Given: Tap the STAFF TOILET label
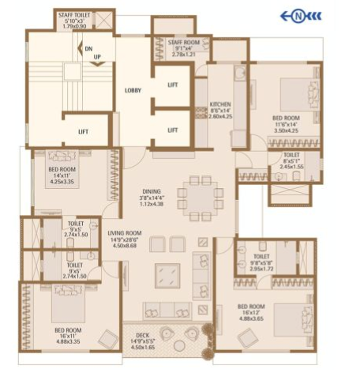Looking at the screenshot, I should (x=73, y=16).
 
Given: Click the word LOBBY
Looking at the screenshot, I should (x=133, y=90).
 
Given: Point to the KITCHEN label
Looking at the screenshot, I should (x=219, y=104).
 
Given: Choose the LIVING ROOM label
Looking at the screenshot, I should (x=124, y=232).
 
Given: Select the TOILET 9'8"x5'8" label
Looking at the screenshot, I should (x=262, y=263).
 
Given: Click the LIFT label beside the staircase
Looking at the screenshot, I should (x=83, y=131).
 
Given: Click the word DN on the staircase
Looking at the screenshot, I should (x=88, y=48).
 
